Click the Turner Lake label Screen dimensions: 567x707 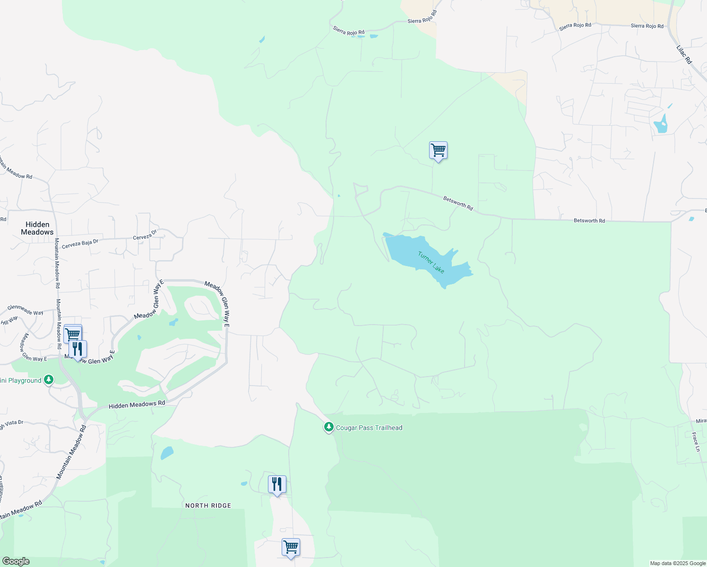pos(431,262)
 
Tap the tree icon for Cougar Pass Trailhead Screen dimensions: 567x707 pos(328,427)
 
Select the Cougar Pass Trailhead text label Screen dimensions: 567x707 pos(369,428)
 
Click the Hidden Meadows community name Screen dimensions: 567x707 pos(37,228)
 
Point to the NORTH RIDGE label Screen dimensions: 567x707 pos(208,506)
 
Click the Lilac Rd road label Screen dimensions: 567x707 pos(684,54)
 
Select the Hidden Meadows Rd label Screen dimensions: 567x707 pos(137,404)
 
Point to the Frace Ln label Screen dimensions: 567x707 pos(696,442)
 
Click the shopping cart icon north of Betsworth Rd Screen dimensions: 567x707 pos(438,151)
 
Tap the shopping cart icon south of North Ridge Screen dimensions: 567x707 pos(291,548)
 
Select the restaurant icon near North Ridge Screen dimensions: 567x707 pos(277,484)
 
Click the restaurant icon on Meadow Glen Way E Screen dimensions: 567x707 pos(78,349)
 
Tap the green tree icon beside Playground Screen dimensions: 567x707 pos(48,380)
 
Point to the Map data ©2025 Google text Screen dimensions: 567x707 pos(678,563)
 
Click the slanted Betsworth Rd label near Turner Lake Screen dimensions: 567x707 pos(458,203)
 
